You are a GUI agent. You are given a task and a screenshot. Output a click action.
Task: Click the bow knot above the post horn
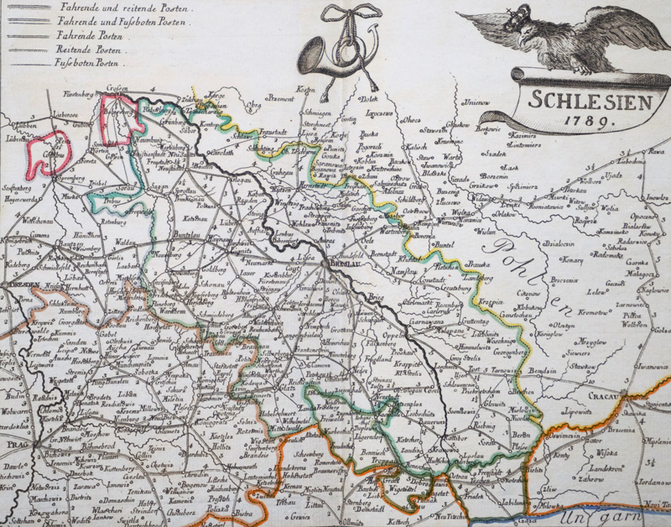[x=346, y=15]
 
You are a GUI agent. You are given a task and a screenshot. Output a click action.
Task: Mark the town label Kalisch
[x=418, y=147]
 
